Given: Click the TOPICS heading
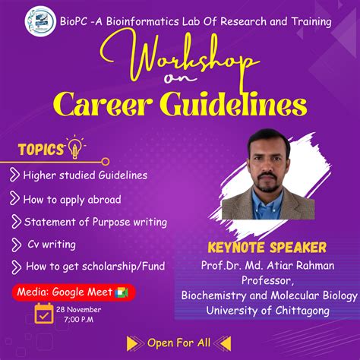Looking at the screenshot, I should click(x=41, y=150).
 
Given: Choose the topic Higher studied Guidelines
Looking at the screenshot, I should click(x=84, y=175).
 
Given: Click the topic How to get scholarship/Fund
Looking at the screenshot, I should click(x=95, y=267).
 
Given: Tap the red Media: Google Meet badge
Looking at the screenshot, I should click(x=72, y=292).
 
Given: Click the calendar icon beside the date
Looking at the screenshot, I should click(x=43, y=314).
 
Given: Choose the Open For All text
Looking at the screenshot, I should click(x=179, y=342).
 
